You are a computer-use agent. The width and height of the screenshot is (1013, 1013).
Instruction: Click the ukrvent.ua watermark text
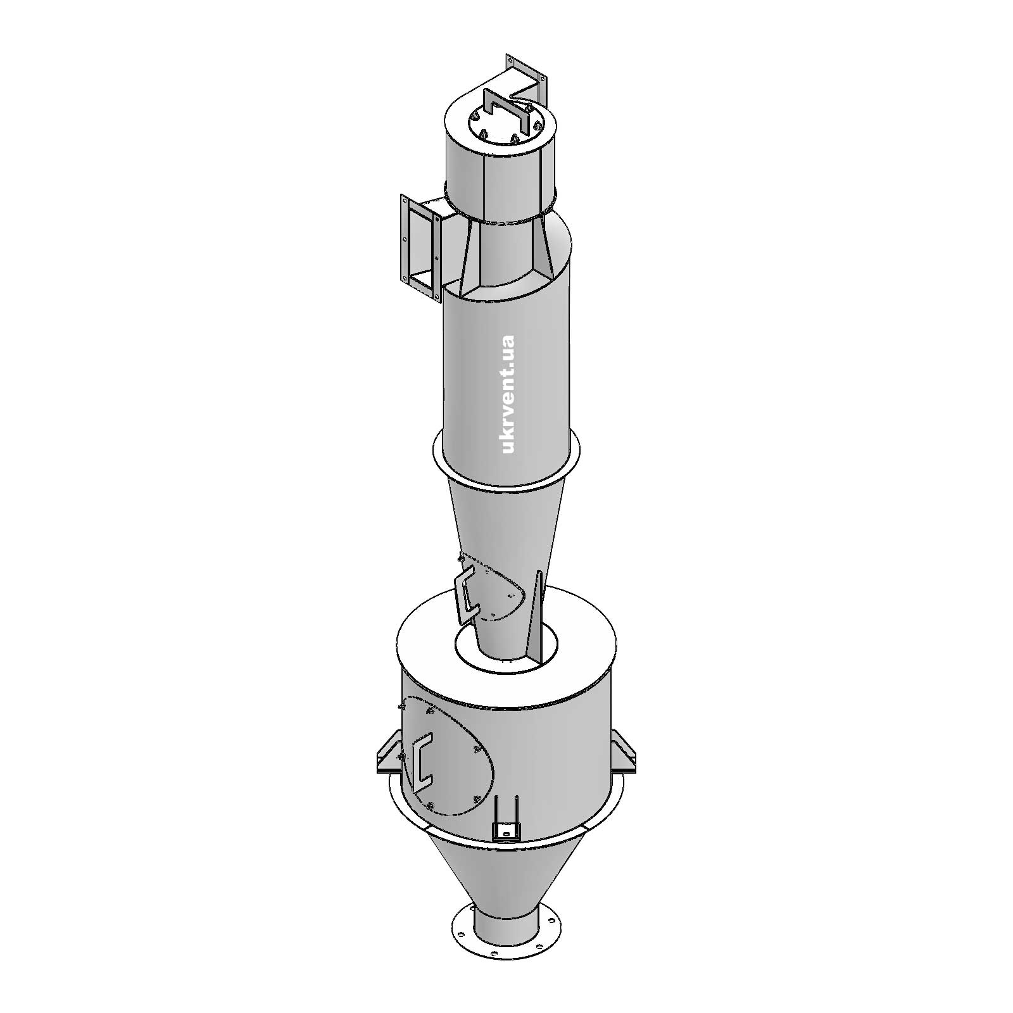tap(508, 394)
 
